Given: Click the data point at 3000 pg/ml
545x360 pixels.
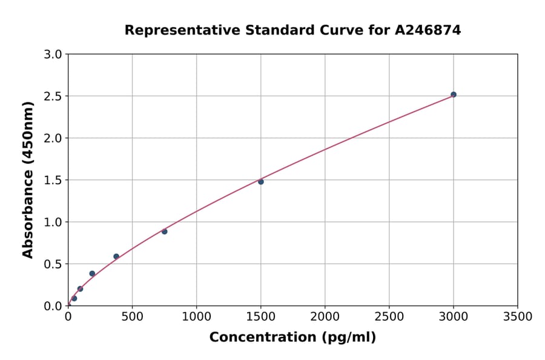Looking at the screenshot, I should [453, 95].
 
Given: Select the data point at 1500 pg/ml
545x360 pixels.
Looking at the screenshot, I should [261, 182].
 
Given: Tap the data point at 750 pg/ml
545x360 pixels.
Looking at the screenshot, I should [164, 232].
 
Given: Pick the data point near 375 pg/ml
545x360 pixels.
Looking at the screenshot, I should [116, 256].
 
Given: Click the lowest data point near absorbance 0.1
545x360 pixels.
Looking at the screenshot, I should [74, 298].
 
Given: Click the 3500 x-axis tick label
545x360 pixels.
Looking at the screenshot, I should [517, 317].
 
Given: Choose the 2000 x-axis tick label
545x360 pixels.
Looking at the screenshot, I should [325, 317].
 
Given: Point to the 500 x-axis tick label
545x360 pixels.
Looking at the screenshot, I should [132, 317].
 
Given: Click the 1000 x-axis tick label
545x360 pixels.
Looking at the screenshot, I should [196, 317].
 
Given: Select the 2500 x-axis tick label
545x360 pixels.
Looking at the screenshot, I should [389, 317].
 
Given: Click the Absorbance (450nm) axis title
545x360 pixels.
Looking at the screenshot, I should [28, 179].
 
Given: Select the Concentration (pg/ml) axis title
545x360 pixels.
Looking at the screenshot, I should [292, 338].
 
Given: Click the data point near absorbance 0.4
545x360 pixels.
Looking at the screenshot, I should [92, 273].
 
